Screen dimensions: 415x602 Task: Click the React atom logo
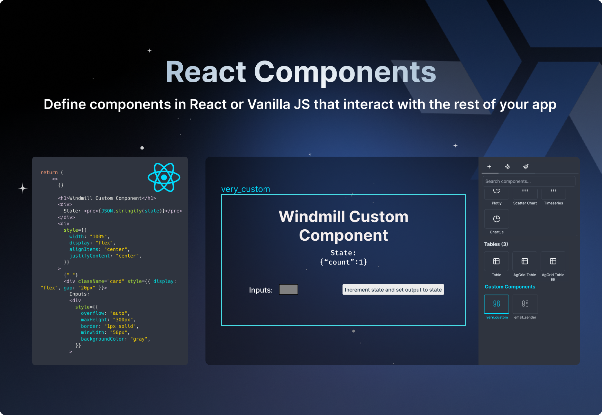tap(164, 177)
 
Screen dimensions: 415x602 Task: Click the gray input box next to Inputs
tap(288, 289)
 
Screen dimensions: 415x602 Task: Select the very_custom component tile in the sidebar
tap(496, 304)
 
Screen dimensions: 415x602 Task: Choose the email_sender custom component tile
tap(525, 304)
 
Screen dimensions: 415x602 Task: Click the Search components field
tap(529, 181)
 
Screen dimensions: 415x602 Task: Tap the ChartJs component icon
tap(496, 219)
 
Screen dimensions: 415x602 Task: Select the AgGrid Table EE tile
tap(553, 261)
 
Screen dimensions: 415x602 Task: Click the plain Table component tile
tap(496, 261)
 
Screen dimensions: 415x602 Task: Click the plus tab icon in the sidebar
tap(489, 167)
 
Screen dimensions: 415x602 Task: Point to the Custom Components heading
tap(510, 287)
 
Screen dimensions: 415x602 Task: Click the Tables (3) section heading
tap(496, 244)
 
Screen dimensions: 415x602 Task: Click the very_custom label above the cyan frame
tap(246, 189)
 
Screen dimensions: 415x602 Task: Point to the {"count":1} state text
tap(343, 262)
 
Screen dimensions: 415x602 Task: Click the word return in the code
tap(49, 172)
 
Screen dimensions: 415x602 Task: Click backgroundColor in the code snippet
tap(102, 339)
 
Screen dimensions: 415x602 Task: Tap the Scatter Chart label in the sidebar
tap(525, 203)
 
